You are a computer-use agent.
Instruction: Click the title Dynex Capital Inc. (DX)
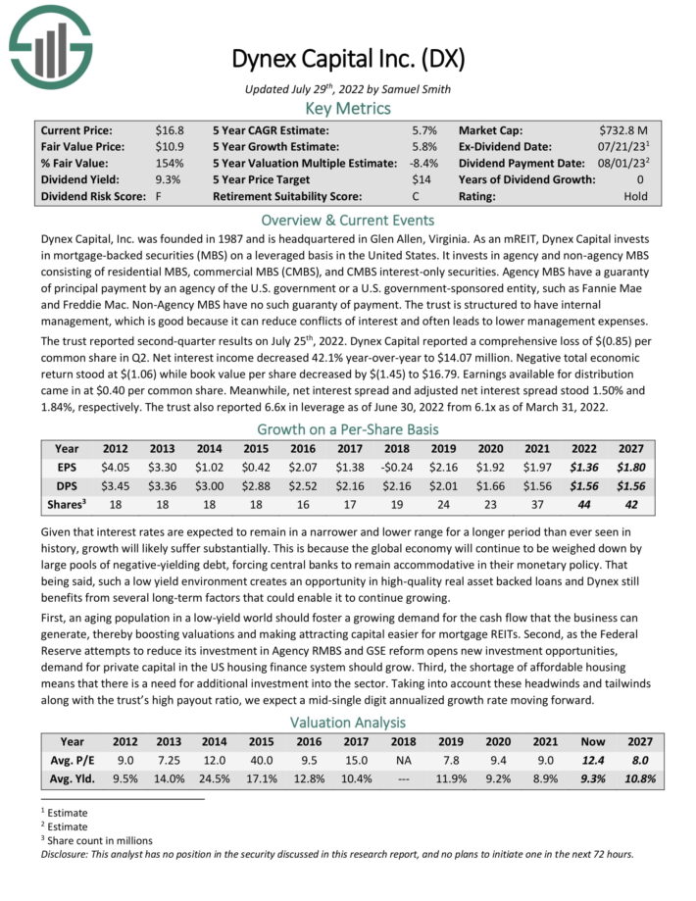pyautogui.click(x=347, y=58)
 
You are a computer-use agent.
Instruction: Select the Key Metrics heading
pyautogui.click(x=347, y=108)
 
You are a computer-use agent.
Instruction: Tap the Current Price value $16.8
pyautogui.click(x=170, y=129)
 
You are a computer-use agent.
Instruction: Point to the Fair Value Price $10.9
pyautogui.click(x=170, y=146)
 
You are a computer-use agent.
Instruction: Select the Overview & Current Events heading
pyautogui.click(x=347, y=220)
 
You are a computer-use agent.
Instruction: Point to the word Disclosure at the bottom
pyautogui.click(x=67, y=853)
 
